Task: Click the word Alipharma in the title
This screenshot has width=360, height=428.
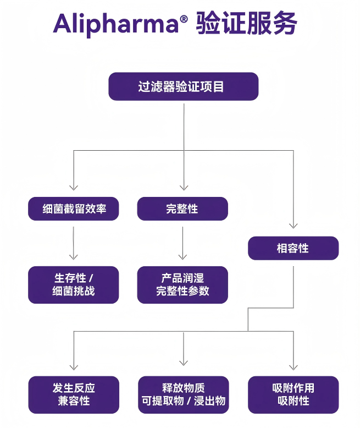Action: point(116,25)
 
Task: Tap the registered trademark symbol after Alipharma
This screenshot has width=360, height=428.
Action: point(184,19)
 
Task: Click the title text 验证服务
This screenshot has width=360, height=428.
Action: point(247,23)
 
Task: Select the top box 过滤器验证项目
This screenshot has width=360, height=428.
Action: point(183,86)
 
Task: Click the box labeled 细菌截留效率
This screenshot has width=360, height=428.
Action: point(73,209)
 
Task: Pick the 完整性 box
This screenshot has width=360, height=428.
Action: point(182,209)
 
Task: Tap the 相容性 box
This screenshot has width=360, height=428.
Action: point(293,248)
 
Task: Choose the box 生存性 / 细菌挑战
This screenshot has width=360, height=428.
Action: point(73,285)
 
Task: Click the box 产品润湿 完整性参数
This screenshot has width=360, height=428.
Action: point(182,285)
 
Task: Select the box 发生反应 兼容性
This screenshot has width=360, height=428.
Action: point(74,394)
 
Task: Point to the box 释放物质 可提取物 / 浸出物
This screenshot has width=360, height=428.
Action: point(183,394)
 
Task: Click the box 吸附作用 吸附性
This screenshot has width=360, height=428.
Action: point(293,394)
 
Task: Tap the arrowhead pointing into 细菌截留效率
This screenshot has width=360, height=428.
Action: point(74,188)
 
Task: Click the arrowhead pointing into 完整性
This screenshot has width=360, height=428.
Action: point(184,188)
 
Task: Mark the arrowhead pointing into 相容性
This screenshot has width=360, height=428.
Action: point(293,226)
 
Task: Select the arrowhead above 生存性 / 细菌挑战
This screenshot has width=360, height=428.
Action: point(73,257)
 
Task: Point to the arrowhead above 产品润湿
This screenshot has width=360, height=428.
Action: point(182,257)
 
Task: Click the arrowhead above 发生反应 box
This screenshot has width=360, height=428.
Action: point(74,367)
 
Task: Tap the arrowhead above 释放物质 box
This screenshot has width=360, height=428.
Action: point(184,363)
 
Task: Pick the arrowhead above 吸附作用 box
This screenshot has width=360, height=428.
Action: point(293,367)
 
